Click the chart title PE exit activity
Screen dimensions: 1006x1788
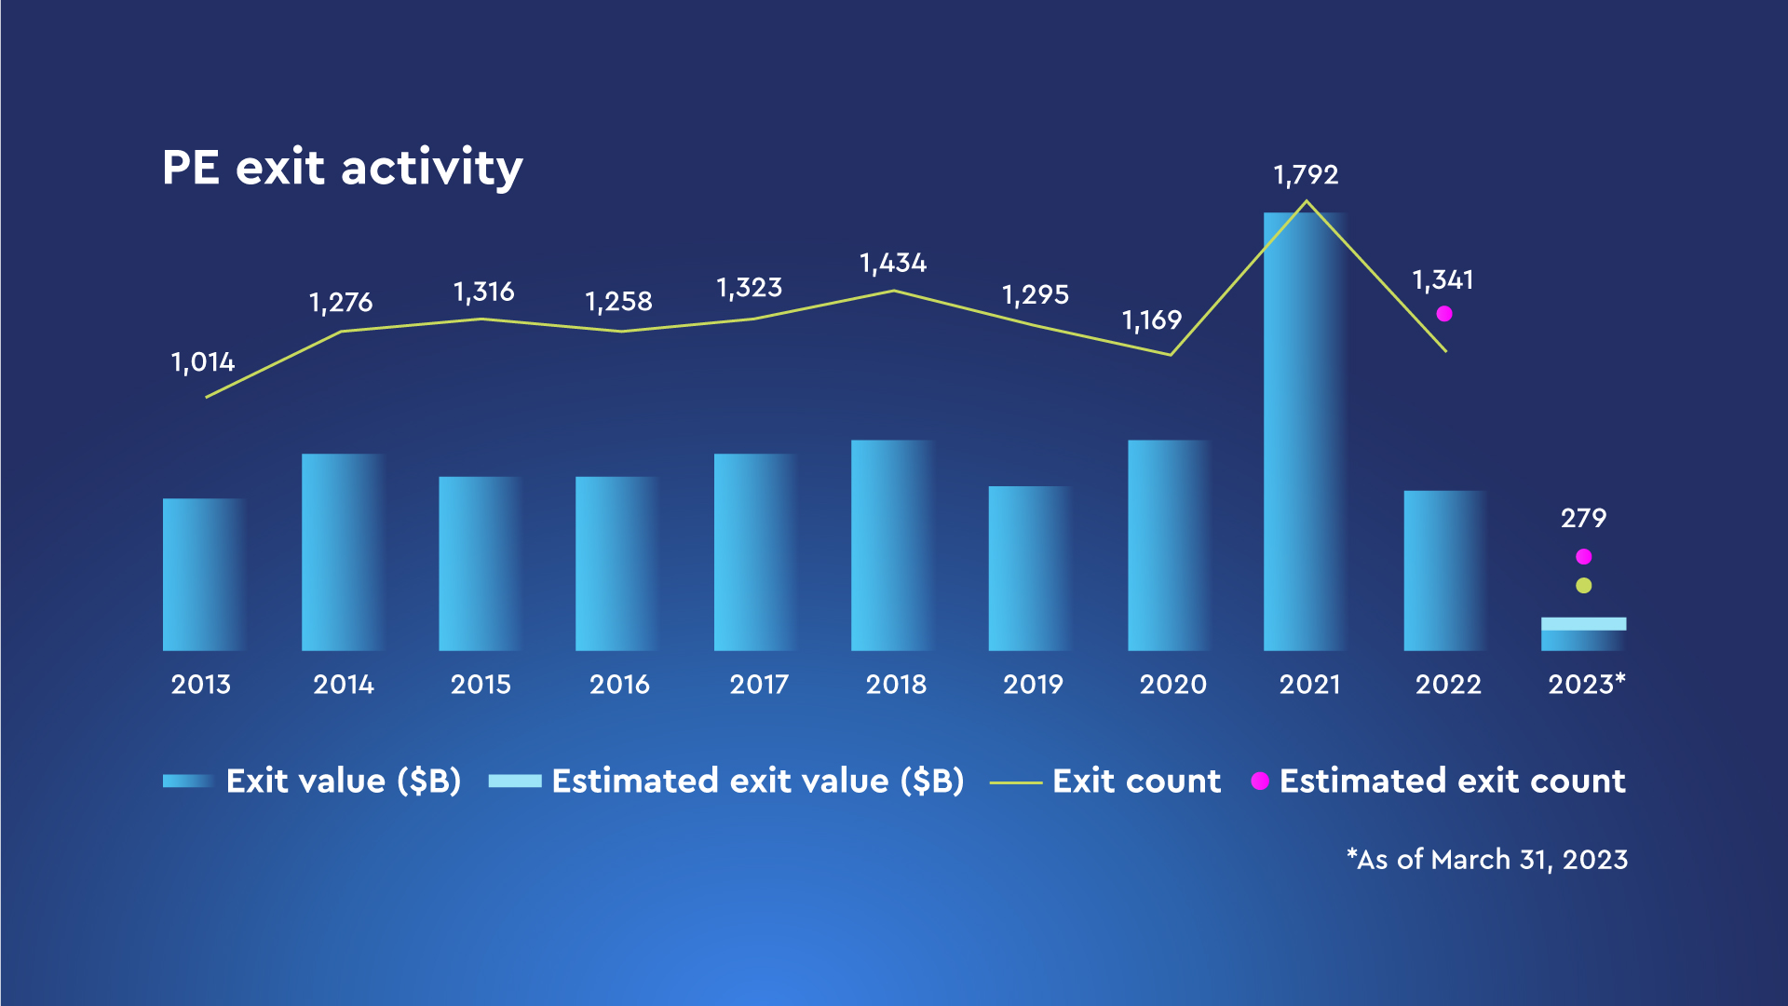point(342,169)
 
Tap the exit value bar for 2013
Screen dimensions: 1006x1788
point(203,574)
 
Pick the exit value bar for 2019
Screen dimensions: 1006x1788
point(1030,568)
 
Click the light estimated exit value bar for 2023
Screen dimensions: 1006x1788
point(1583,624)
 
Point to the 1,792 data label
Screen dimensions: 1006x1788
point(1306,175)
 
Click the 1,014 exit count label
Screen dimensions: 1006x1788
point(203,362)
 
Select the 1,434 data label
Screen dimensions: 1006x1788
point(893,264)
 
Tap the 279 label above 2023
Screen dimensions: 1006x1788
point(1583,518)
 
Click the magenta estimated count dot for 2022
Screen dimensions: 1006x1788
point(1444,314)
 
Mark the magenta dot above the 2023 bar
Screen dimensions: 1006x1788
point(1583,557)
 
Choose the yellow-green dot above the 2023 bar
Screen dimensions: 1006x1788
point(1583,586)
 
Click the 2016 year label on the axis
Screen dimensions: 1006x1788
point(619,685)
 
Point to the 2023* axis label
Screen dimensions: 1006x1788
point(1586,685)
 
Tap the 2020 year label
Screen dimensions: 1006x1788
point(1172,685)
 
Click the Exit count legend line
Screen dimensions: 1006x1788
point(1015,782)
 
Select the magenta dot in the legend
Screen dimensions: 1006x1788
point(1260,782)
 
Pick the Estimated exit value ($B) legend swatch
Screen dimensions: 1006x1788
point(515,782)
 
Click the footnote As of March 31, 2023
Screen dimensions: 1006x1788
point(1487,859)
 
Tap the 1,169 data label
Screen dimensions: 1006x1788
point(1151,321)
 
